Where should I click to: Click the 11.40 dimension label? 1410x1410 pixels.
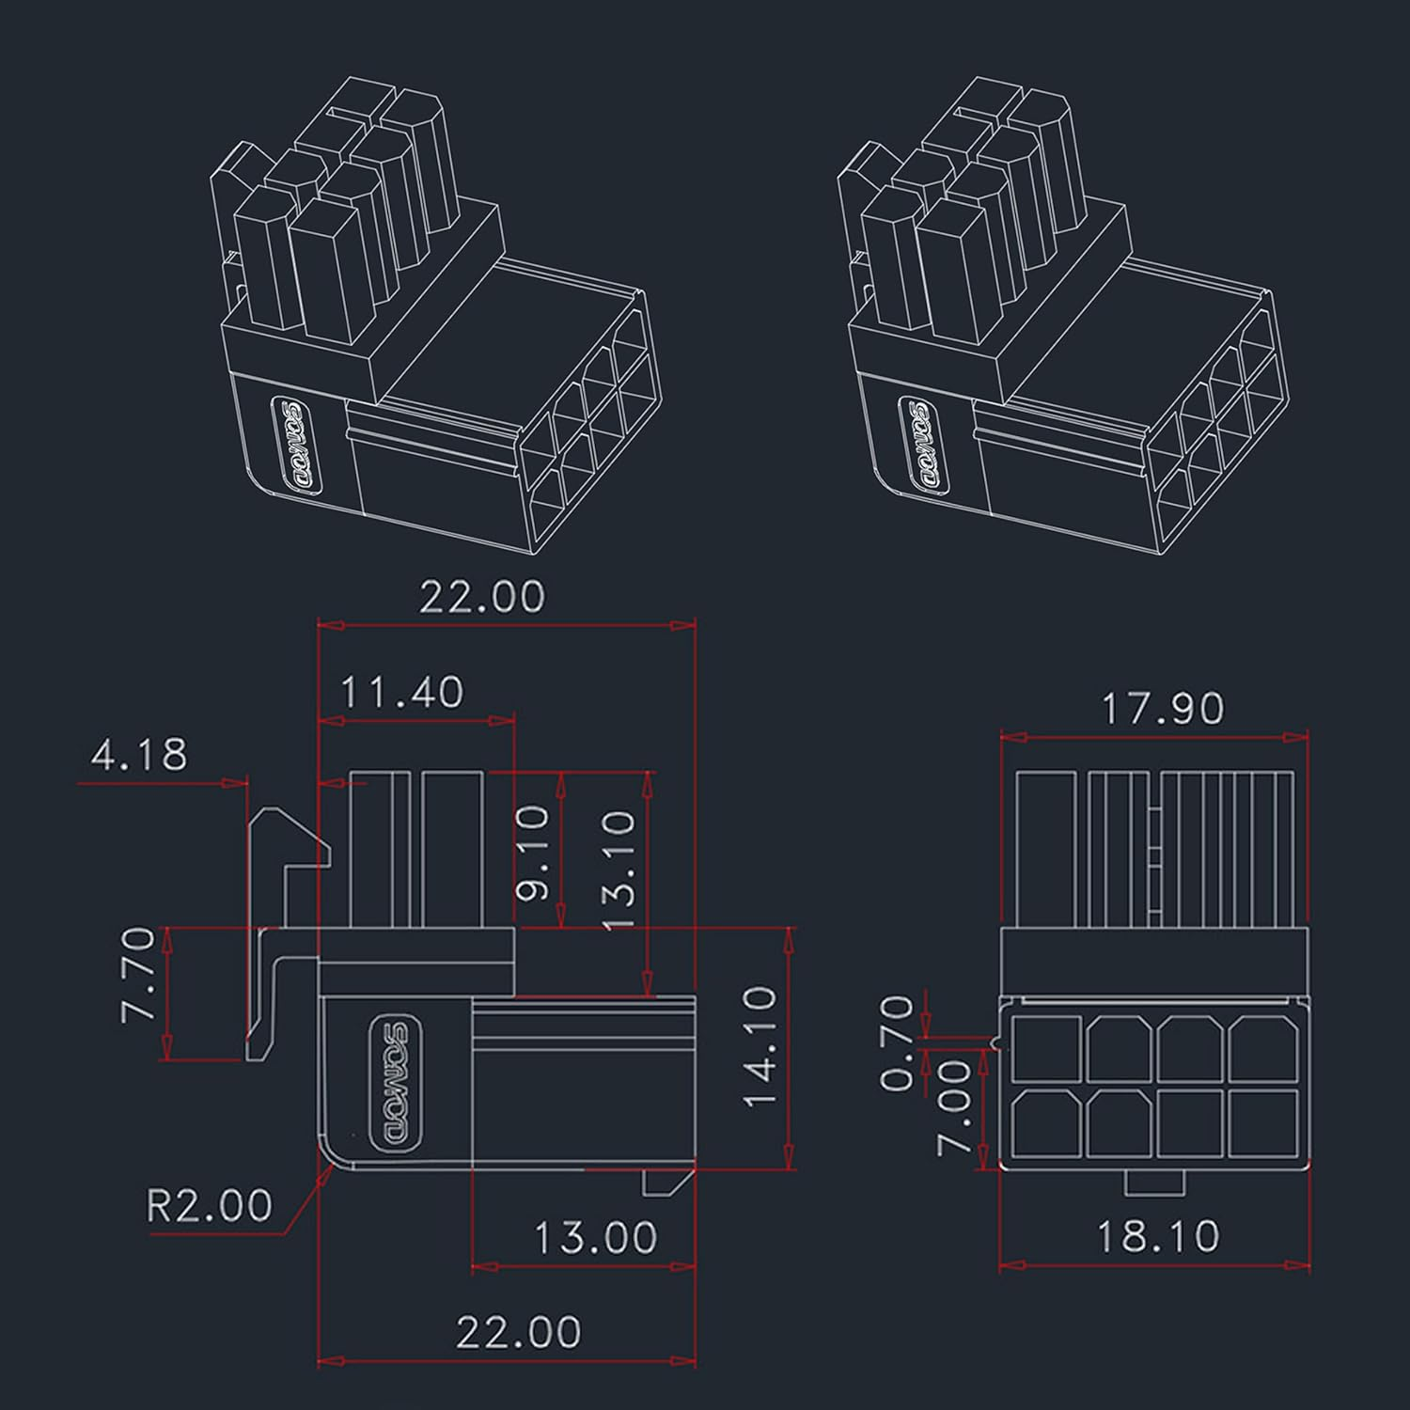tap(401, 693)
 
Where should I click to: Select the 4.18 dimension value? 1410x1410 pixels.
tap(139, 755)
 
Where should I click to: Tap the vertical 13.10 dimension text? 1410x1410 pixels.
tap(619, 870)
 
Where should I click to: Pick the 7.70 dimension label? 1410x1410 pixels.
tap(138, 974)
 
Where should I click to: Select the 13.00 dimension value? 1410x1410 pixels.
tap(595, 1238)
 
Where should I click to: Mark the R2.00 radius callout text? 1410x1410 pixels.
tap(209, 1205)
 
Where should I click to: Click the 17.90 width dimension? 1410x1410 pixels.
tap(1162, 709)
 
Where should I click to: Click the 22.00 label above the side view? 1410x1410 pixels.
tap(481, 597)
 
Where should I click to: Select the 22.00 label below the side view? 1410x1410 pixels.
tap(518, 1332)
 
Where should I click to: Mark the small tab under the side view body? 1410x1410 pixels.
tap(666, 1182)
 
